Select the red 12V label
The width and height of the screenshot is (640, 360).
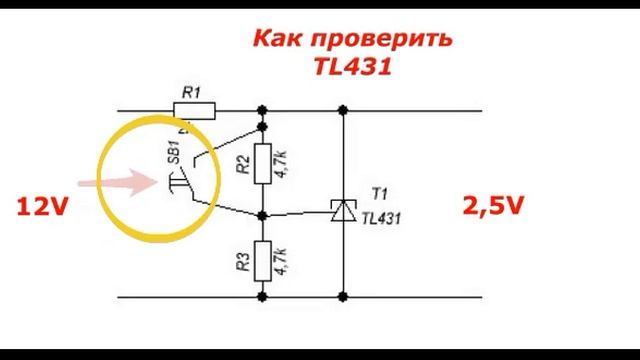43,207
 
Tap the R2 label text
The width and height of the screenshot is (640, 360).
243,164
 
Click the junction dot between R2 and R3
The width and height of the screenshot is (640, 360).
263,215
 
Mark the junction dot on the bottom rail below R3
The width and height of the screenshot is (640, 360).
263,296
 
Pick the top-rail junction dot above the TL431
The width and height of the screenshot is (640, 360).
343,110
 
